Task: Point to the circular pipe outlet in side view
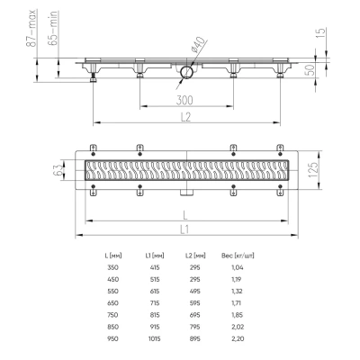tap(186, 72)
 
